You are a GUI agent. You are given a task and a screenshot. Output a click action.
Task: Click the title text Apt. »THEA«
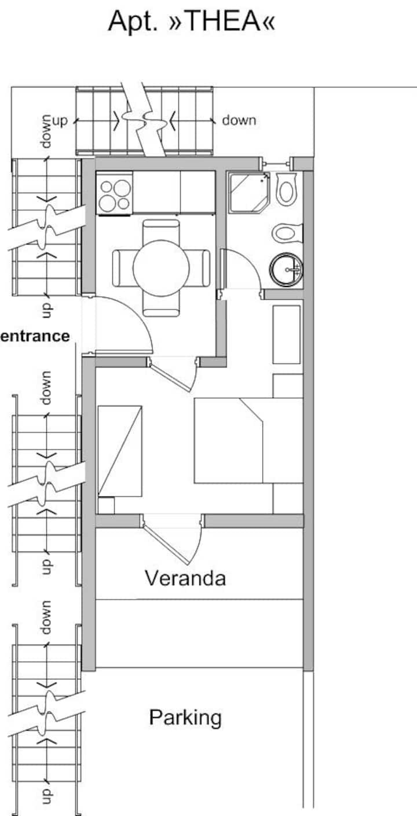point(191,21)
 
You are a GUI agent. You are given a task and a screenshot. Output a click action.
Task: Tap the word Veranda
point(185,578)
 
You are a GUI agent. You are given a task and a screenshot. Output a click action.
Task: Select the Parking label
point(185,718)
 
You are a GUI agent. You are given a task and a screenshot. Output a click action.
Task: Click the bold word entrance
point(35,336)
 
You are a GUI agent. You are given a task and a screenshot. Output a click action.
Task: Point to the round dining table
point(161,268)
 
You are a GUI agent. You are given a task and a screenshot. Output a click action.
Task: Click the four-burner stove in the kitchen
point(114,193)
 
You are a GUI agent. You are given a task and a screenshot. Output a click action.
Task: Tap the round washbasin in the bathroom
point(286,270)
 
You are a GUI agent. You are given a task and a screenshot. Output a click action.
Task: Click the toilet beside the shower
point(287,189)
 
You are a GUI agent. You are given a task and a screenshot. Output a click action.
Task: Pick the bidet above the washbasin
point(288,233)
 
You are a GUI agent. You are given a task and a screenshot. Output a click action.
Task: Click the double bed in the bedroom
point(248,441)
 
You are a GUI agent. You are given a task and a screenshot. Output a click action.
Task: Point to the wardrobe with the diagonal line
point(120,451)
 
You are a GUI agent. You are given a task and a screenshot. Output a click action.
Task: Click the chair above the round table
point(161,230)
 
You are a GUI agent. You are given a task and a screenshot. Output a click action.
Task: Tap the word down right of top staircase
point(239,120)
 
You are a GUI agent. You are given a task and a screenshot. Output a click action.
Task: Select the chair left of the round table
point(123,268)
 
